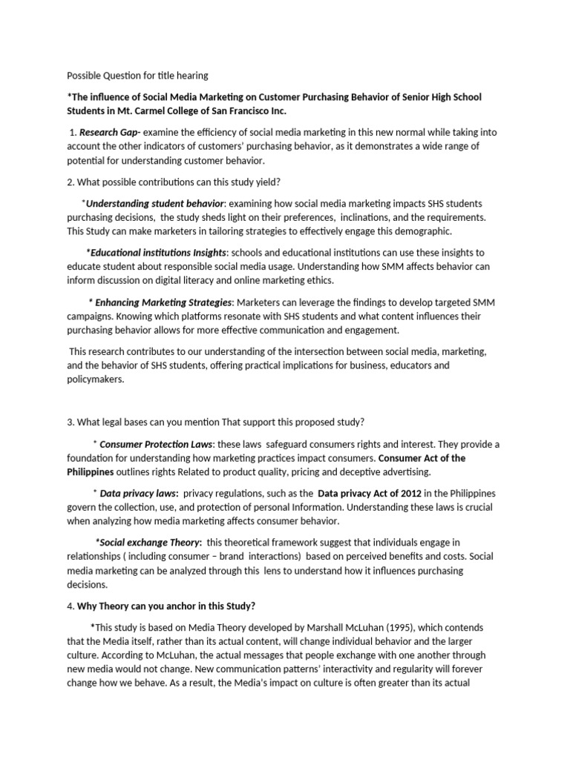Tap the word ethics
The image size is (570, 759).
(318, 280)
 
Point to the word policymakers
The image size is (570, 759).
(96, 379)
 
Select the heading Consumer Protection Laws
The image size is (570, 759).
(157, 444)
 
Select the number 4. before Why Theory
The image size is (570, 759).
(71, 606)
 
